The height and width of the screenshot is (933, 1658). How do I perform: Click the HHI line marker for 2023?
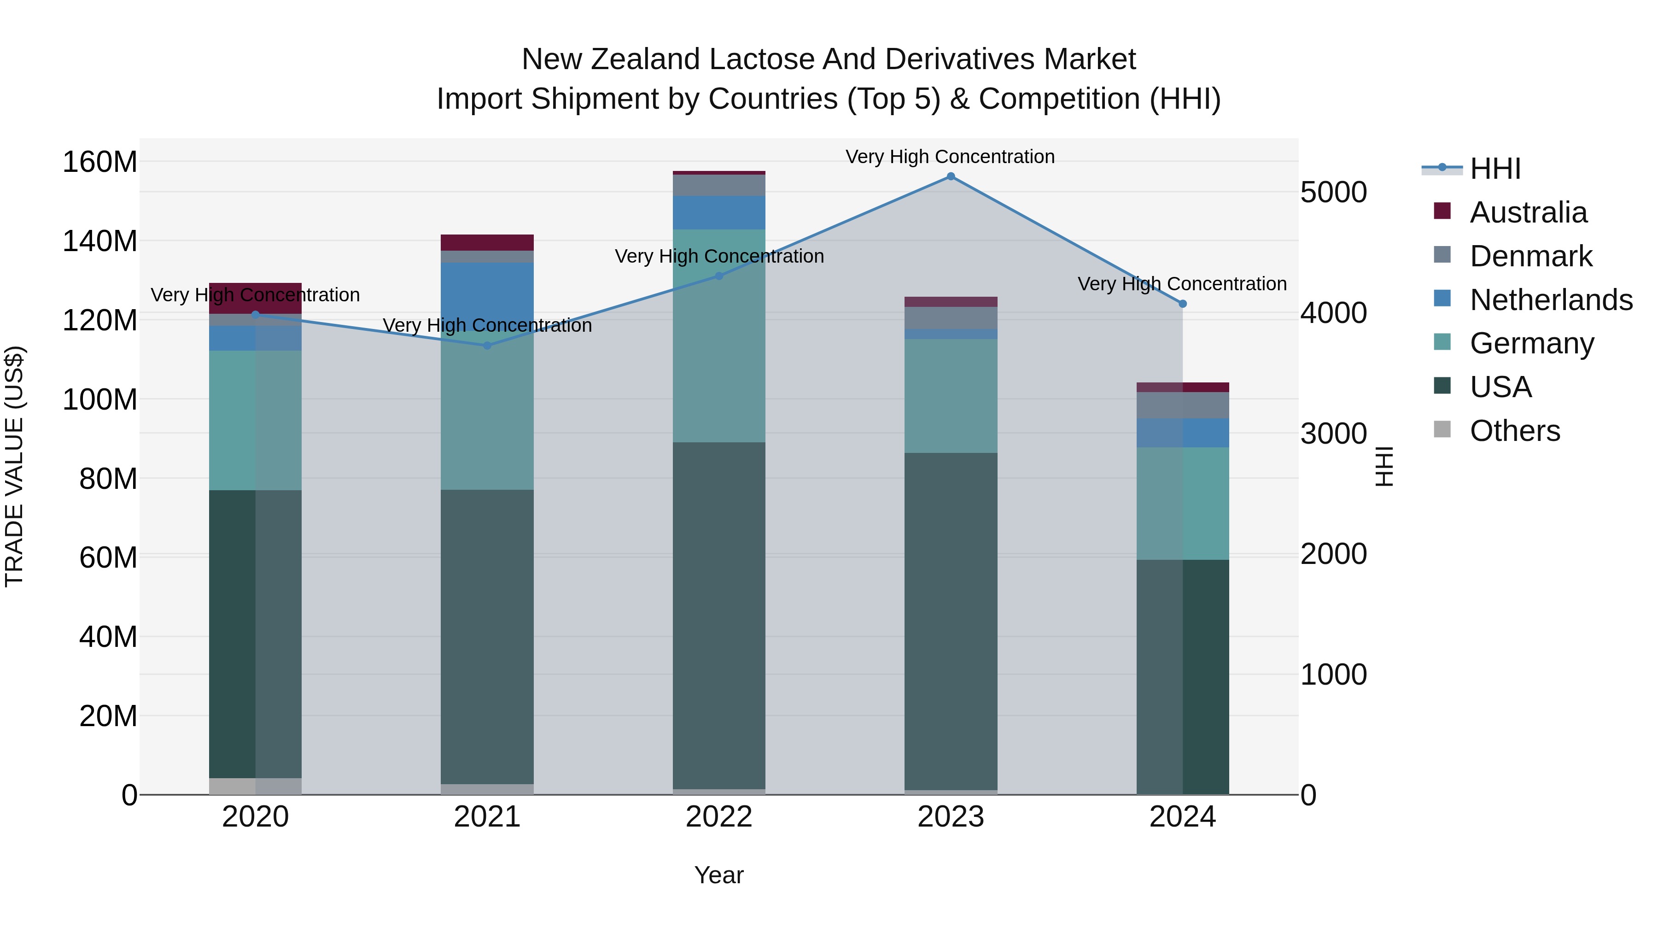(951, 176)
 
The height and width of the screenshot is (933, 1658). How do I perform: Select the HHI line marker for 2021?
(487, 346)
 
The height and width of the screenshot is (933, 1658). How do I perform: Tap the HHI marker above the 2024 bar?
(1182, 304)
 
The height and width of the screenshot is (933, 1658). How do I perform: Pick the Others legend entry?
(1514, 431)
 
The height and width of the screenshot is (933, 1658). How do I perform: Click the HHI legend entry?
(1495, 169)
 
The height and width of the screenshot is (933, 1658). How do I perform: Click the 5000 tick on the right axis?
(1333, 193)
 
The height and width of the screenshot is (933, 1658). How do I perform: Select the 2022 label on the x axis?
(719, 817)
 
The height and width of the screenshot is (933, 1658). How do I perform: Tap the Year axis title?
(719, 875)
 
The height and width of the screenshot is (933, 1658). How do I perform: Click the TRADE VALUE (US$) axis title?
(14, 466)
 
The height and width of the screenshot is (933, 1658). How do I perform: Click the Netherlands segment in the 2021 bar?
(487, 296)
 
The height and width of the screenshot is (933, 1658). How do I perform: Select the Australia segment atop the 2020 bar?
(256, 298)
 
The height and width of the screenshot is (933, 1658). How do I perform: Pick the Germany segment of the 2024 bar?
(1182, 504)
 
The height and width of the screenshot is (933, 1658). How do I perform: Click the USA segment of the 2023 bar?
(951, 622)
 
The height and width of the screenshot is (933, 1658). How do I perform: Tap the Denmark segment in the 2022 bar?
(719, 185)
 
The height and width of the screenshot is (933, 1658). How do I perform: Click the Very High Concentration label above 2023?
(950, 157)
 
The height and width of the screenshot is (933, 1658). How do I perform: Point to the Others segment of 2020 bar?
(256, 786)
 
